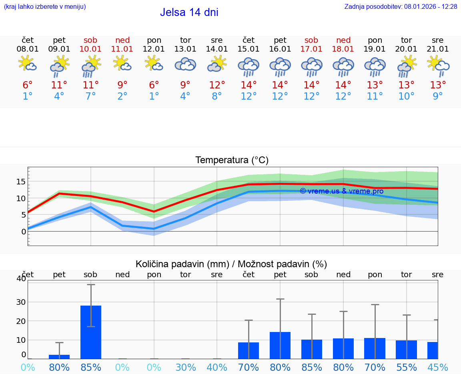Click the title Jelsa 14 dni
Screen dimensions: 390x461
tap(189, 12)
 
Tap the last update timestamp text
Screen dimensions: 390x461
tap(401, 7)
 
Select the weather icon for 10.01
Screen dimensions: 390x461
tap(91, 66)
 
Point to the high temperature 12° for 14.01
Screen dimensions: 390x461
tap(217, 85)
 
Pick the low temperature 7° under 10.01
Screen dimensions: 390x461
tap(91, 96)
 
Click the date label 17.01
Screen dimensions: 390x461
tap(311, 49)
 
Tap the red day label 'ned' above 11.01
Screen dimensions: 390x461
tap(122, 40)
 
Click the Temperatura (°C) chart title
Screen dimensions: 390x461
tap(232, 160)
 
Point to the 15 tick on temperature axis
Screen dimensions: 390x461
tap(21, 182)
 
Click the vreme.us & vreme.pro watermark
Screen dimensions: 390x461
tap(341, 191)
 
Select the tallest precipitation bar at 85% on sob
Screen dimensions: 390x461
tap(91, 332)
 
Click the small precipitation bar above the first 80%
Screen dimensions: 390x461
tap(59, 356)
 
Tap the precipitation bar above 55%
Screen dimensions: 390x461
tap(406, 349)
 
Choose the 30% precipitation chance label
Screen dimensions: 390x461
tap(185, 368)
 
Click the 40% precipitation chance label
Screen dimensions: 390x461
tap(217, 368)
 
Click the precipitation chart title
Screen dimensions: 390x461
tap(231, 264)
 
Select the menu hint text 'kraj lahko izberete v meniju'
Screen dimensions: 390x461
tap(45, 7)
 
